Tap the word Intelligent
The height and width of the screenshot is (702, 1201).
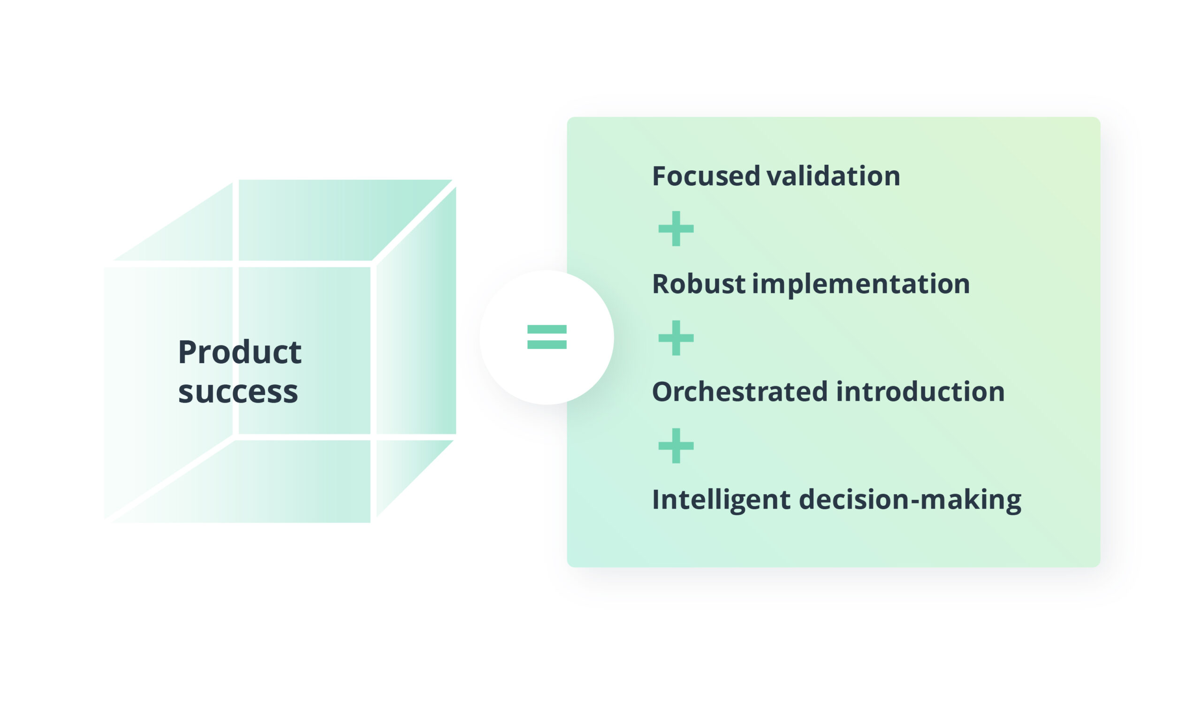click(x=721, y=500)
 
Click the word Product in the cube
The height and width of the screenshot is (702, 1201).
click(x=239, y=352)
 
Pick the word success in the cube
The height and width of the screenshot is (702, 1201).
click(x=238, y=392)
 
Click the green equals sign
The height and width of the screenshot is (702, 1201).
click(x=547, y=337)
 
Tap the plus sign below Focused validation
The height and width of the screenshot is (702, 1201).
click(x=676, y=229)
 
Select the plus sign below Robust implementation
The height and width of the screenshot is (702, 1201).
click(x=676, y=338)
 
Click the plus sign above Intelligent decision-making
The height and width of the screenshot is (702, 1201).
click(x=676, y=446)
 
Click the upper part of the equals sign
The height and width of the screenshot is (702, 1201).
click(x=547, y=329)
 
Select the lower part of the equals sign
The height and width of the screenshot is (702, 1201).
click(x=547, y=344)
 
